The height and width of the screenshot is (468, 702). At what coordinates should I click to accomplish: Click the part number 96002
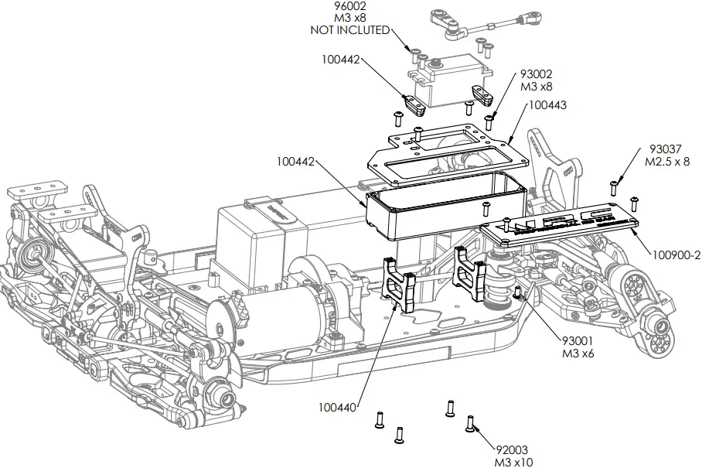pyautogui.click(x=350, y=5)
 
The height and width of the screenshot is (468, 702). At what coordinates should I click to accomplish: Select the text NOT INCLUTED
pyautogui.click(x=350, y=30)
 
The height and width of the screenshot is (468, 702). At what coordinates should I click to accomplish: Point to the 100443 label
pyautogui.click(x=547, y=104)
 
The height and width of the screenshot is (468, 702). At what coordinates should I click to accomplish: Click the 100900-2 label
pyautogui.click(x=676, y=253)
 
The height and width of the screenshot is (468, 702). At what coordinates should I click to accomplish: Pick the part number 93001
pyautogui.click(x=578, y=341)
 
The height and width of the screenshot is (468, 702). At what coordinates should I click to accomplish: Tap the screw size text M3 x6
pyautogui.click(x=578, y=354)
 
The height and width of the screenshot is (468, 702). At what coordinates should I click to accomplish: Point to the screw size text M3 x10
pyautogui.click(x=513, y=462)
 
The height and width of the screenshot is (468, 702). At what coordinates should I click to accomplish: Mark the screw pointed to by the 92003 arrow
pyautogui.click(x=469, y=423)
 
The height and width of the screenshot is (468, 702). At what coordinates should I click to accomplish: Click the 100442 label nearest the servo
pyautogui.click(x=341, y=59)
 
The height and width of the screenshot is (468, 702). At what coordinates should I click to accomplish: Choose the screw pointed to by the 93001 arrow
pyautogui.click(x=517, y=292)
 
